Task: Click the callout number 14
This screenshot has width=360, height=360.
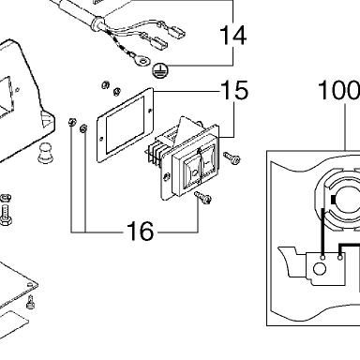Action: (233, 35)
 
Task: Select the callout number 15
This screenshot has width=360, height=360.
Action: (234, 90)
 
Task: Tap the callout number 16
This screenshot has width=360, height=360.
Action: (141, 232)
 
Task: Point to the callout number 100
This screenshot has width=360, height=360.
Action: (339, 90)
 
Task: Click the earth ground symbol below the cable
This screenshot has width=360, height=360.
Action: (160, 70)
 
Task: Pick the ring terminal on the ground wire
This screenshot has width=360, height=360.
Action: (142, 60)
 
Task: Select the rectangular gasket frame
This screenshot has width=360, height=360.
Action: (126, 125)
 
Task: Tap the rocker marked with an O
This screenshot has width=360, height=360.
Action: (193, 171)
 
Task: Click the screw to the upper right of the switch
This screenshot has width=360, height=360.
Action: (232, 157)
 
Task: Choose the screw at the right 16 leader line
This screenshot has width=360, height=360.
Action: (203, 198)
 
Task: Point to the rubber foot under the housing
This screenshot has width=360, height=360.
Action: (46, 153)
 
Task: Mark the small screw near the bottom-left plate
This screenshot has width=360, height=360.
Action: (30, 302)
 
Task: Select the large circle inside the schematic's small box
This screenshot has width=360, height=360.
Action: (320, 269)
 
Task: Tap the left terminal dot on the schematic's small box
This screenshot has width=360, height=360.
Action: (323, 257)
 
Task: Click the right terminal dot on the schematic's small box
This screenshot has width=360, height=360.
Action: (340, 257)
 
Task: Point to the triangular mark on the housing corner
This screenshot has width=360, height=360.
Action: (46, 119)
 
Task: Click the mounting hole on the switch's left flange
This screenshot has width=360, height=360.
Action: (167, 177)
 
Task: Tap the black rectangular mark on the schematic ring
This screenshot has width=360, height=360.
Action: (333, 200)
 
